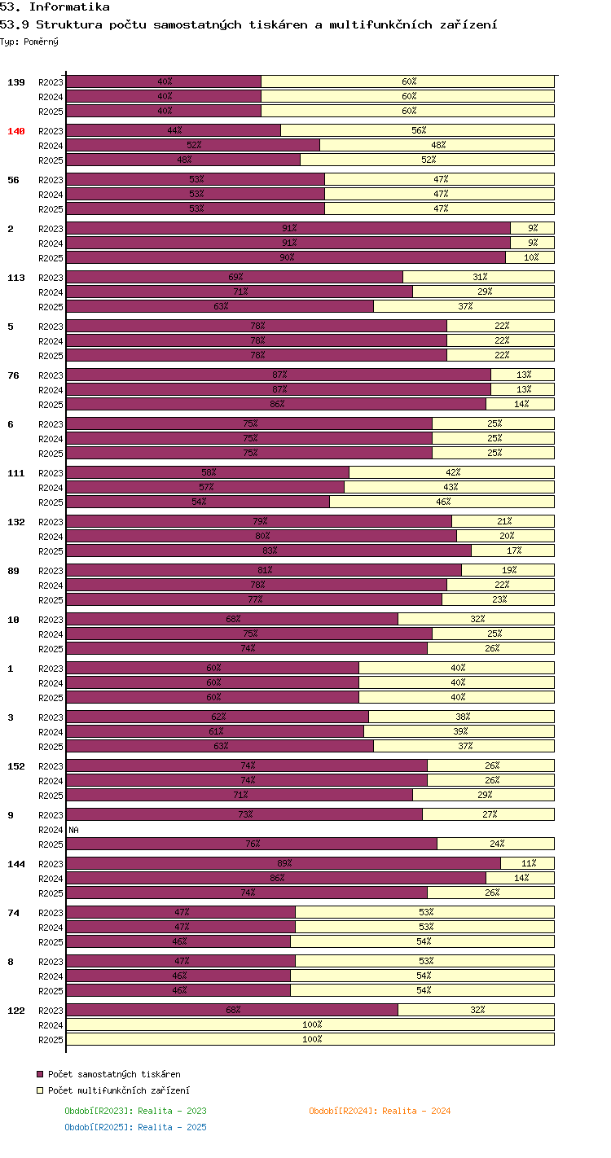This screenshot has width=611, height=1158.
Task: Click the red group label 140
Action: pos(16,131)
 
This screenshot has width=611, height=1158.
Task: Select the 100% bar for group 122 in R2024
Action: pos(310,1024)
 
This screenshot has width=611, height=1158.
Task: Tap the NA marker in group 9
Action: pos(73,830)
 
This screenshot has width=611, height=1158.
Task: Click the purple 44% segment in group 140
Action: pos(174,130)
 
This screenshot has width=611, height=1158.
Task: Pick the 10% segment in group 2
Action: pos(530,257)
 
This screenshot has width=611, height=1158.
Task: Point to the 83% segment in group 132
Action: pos(269,550)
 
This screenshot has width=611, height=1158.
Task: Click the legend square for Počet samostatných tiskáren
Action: pos(40,1074)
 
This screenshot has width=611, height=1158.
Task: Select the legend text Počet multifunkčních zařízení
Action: pos(118,1090)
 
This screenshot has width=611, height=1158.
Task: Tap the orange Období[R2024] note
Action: pos(380,1111)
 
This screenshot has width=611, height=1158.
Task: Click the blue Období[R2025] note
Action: pos(135,1127)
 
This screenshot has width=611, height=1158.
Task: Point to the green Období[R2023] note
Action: pos(135,1111)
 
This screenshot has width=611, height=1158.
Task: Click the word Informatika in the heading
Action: pos(69,7)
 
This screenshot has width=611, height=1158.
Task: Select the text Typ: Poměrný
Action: pos(29,42)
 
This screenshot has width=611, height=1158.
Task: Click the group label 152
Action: pos(16,766)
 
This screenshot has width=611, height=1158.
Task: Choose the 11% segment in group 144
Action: pos(528,863)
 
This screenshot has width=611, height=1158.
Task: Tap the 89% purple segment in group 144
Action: pos(284,863)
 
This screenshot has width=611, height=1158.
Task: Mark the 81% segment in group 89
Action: pos(264,570)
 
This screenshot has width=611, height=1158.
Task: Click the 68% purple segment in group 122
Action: pos(232,1010)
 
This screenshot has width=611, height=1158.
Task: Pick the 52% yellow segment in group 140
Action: pos(428,160)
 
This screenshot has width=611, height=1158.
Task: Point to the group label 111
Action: pos(16,473)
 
